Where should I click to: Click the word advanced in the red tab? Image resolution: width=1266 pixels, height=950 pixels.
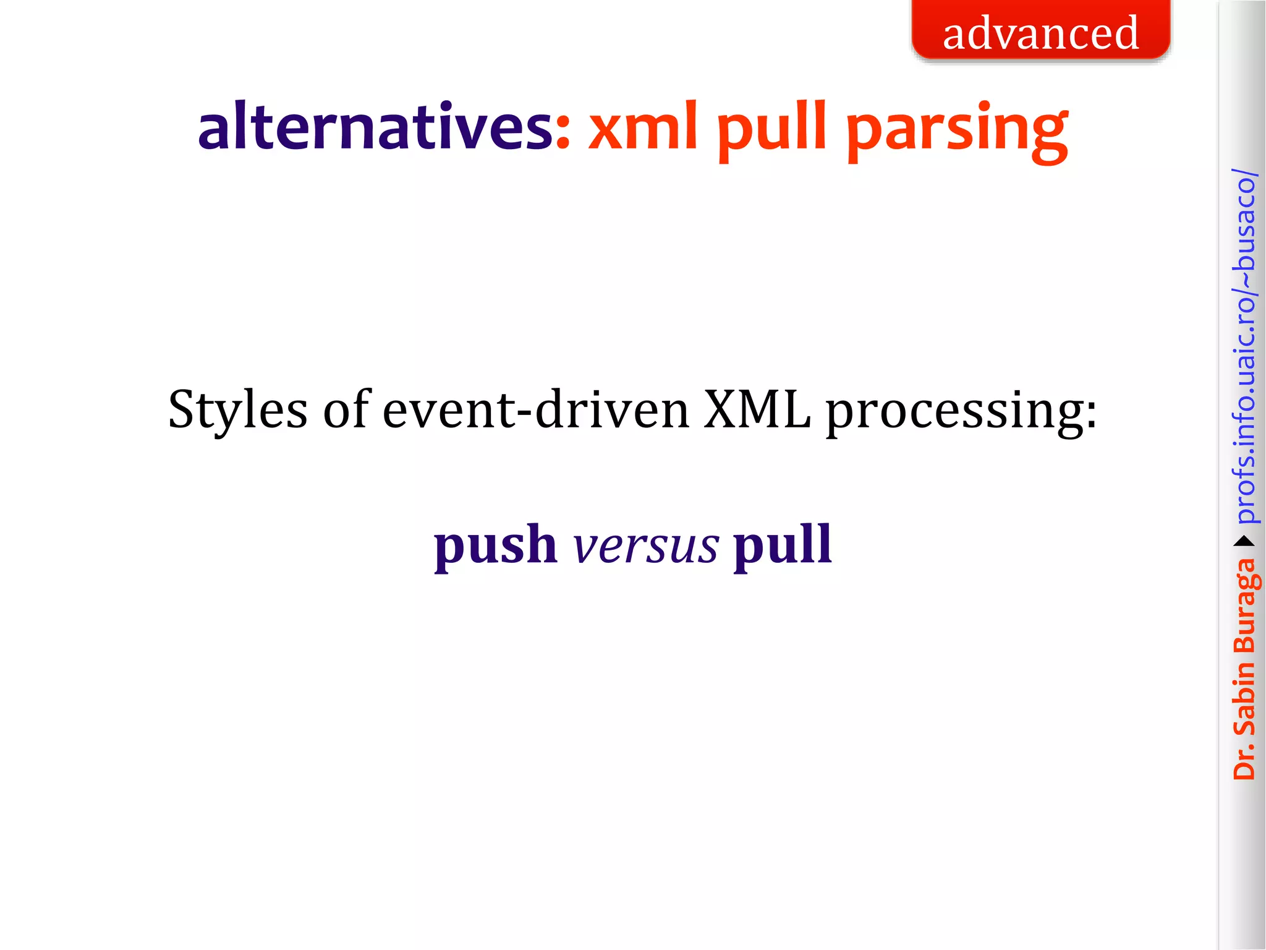(1040, 33)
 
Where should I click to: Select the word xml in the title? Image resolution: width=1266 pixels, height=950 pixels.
(643, 126)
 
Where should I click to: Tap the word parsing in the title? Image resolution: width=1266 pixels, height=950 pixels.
(956, 130)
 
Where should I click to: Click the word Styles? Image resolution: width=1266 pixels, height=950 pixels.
(237, 409)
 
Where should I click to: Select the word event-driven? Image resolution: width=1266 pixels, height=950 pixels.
(535, 409)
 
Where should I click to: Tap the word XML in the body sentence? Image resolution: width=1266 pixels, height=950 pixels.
(757, 409)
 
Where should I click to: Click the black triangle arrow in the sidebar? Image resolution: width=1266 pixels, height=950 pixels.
(1244, 542)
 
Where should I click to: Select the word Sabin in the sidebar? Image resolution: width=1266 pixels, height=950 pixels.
(1244, 700)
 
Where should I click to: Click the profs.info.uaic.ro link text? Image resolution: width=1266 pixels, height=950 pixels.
(1244, 346)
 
